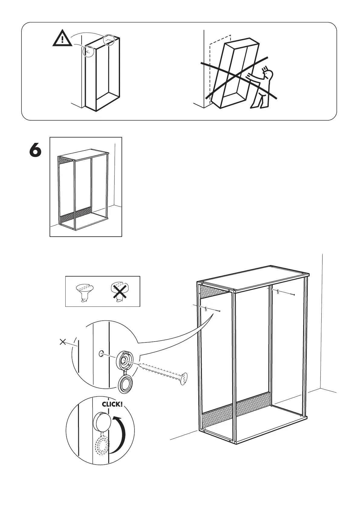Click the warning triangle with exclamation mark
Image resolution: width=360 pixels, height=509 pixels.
[62, 39]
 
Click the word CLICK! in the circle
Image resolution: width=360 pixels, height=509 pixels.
[112, 404]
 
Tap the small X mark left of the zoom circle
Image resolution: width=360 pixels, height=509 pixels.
[63, 342]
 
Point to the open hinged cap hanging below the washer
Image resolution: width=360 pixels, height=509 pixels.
[125, 385]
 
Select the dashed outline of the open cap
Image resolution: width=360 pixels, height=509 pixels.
[102, 446]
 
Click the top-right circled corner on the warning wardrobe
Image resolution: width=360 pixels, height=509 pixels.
[109, 40]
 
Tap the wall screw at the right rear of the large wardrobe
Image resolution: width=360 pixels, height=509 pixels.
[286, 293]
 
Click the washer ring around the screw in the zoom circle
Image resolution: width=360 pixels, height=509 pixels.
[125, 360]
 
